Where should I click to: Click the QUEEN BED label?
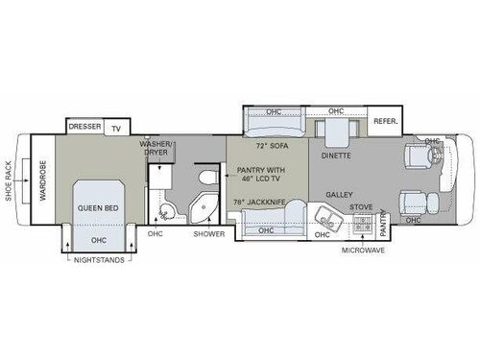(x=98, y=205)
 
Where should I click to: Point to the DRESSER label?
(x=84, y=127)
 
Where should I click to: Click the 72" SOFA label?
(x=274, y=147)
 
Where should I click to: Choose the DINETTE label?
(x=335, y=156)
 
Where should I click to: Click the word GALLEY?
(x=339, y=193)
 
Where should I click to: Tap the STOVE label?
(x=361, y=205)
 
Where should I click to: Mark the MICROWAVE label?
(x=362, y=252)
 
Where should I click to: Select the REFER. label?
(x=386, y=122)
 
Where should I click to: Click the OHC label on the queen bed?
(x=98, y=240)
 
